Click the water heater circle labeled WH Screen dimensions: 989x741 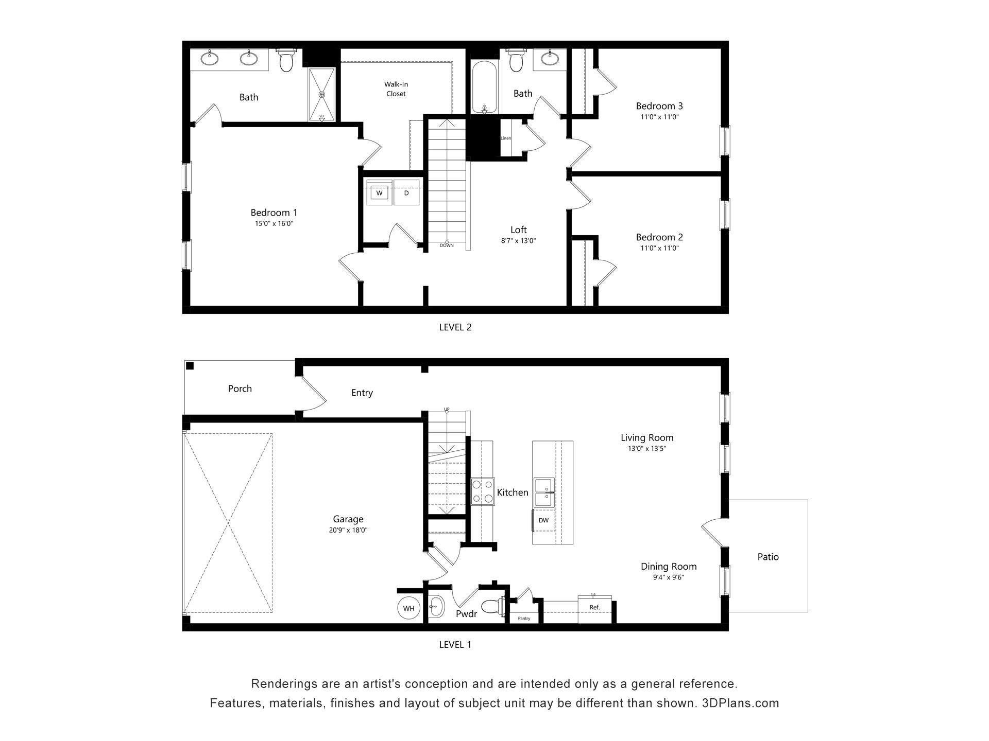pos(408,608)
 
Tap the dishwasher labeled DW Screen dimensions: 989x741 pos(543,520)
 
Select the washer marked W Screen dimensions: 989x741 pos(380,192)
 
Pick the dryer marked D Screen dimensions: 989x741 pos(407,192)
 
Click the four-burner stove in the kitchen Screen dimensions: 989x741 pos(482,491)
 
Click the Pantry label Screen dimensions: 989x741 pos(524,618)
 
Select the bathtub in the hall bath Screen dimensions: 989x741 pos(484,88)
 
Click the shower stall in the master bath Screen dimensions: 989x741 pos(322,94)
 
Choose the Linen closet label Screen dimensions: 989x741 pos(506,138)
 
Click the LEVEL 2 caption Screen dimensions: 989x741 pos(455,327)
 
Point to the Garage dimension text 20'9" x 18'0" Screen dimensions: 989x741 pos(348,531)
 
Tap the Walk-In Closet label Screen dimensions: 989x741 pos(396,89)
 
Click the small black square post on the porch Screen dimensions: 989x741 pos(190,366)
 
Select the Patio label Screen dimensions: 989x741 pos(768,557)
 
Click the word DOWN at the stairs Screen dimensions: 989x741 pos(447,245)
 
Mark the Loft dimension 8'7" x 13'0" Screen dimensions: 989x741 pos(519,241)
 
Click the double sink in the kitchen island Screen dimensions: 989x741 pos(543,492)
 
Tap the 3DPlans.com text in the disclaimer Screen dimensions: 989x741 pos(740,703)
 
